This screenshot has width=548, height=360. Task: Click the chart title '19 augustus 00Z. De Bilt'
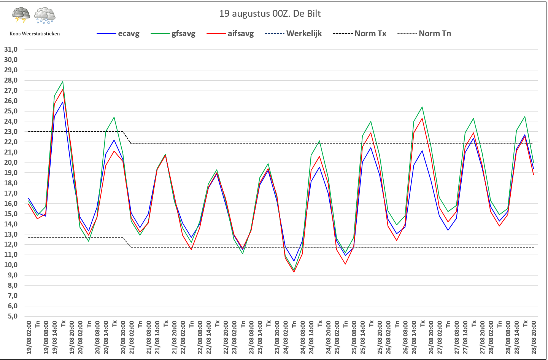[270, 14]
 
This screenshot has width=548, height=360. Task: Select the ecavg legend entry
[118, 33]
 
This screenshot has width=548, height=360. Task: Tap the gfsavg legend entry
[173, 33]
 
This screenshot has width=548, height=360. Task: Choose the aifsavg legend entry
[230, 33]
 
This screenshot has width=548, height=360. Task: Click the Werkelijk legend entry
[293, 33]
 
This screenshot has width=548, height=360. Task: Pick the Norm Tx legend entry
[360, 33]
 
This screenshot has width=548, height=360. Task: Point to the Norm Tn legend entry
[424, 33]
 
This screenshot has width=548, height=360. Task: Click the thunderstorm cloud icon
[21, 15]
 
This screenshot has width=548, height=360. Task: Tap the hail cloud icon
[45, 16]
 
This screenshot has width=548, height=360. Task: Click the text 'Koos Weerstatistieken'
[35, 34]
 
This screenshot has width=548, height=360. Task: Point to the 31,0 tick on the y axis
[11, 49]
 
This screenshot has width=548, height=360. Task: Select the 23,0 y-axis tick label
[11, 132]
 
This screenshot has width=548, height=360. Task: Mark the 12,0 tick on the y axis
[11, 244]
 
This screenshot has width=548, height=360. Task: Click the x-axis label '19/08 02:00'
[29, 338]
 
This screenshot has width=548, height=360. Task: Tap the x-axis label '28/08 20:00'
[534, 338]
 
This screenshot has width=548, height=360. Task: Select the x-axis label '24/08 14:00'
[311, 338]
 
